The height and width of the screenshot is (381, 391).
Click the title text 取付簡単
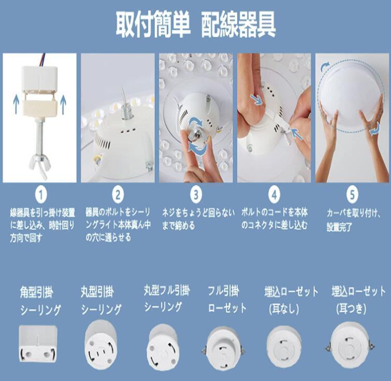(153, 25)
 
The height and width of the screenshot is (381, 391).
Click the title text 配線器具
(238, 25)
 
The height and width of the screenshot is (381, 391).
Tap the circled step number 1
(41, 195)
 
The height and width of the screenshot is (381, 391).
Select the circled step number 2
(118, 195)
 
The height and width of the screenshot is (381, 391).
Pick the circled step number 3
(196, 195)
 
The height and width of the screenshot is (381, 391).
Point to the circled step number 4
(274, 195)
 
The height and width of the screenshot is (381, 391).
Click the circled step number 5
(352, 195)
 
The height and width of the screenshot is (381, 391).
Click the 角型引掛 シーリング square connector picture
(38, 344)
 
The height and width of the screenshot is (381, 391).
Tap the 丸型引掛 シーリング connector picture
(100, 345)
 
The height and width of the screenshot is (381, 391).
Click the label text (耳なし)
(284, 309)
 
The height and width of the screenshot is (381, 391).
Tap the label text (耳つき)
(351, 309)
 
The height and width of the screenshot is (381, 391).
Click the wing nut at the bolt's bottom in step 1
(40, 165)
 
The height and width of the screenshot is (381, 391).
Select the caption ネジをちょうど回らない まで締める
(198, 219)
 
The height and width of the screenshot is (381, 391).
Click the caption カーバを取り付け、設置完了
(353, 220)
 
